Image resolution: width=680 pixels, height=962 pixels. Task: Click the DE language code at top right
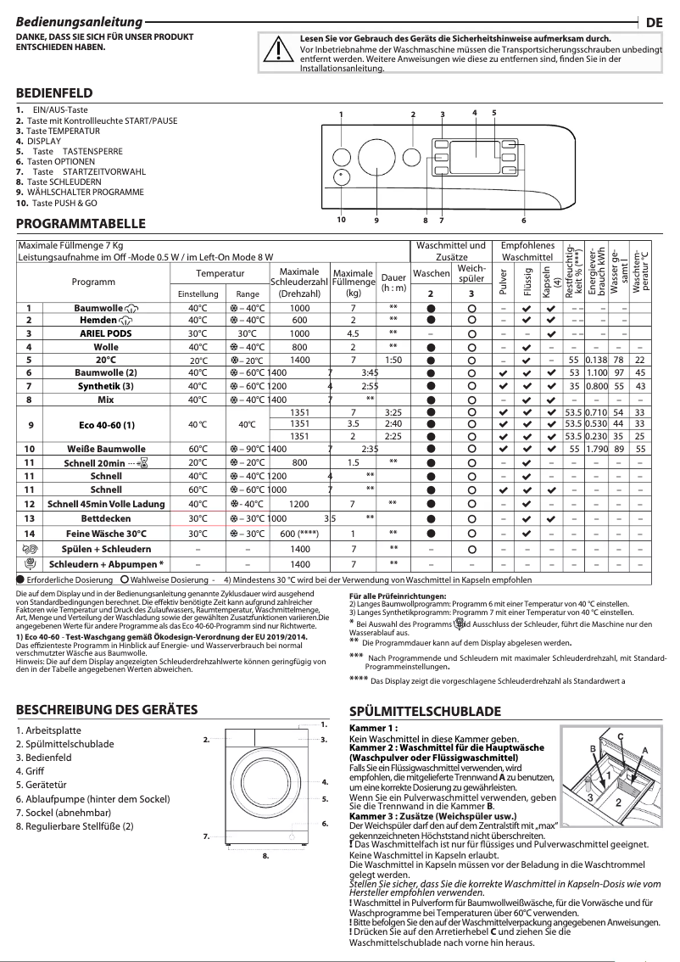[654, 23]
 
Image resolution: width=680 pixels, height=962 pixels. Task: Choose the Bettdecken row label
[105, 517]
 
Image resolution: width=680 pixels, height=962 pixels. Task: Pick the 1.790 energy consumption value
[598, 449]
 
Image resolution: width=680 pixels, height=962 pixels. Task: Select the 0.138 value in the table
[598, 360]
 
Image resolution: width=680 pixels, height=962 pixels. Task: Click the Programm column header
[93, 282]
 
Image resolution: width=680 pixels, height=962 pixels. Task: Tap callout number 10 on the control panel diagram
[341, 220]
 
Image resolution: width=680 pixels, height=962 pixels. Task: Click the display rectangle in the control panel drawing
[475, 150]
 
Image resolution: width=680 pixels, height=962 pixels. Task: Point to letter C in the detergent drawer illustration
[621, 735]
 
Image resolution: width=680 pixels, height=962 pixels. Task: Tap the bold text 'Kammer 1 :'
[374, 728]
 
